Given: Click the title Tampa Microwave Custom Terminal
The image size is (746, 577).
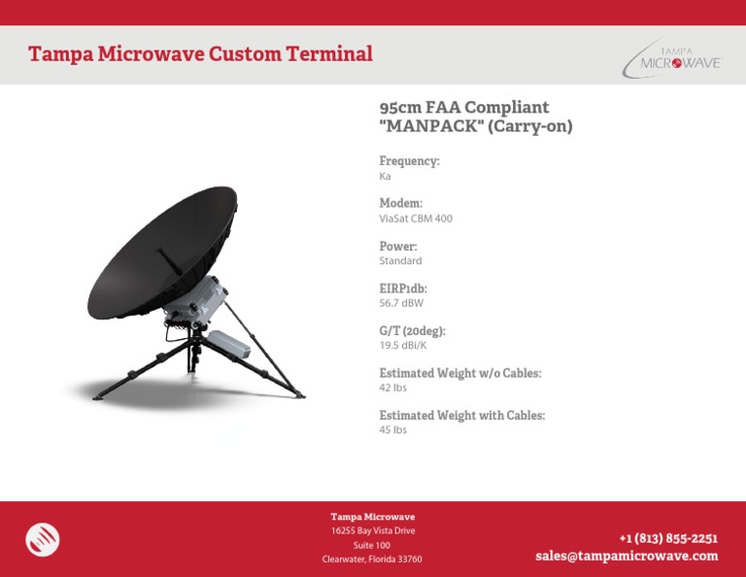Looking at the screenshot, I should click(x=200, y=54).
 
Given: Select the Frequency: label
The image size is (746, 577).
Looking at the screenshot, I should click(x=409, y=161).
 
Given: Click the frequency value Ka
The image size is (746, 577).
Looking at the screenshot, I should click(x=385, y=177).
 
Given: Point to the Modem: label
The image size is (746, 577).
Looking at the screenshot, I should click(x=400, y=204).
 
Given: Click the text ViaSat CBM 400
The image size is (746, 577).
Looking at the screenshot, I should click(x=416, y=219).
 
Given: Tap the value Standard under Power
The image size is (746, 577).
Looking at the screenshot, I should click(x=400, y=261).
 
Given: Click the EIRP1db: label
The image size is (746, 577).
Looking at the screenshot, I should click(x=403, y=288).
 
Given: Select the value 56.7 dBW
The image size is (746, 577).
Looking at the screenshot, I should click(x=401, y=303).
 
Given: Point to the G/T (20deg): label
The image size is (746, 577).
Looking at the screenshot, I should click(x=412, y=331).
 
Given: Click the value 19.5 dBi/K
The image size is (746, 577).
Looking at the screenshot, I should click(x=402, y=346).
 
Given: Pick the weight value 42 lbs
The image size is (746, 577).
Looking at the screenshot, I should click(x=392, y=388).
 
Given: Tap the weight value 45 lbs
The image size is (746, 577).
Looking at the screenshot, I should click(x=392, y=430).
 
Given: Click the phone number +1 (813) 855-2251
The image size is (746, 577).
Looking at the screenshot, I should click(x=668, y=538).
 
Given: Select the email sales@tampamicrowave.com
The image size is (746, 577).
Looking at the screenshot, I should click(x=627, y=557).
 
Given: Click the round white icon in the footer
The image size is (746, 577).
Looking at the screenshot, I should click(x=43, y=540).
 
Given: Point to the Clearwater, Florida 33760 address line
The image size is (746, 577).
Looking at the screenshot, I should click(x=372, y=560).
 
